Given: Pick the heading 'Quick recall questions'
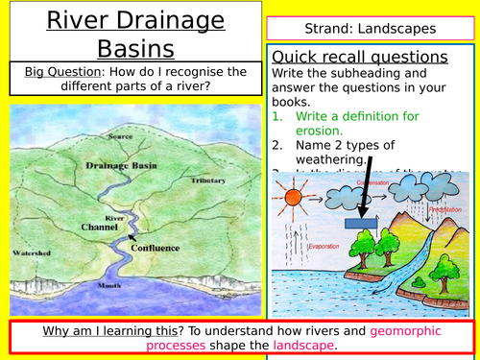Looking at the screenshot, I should pyautogui.click(x=360, y=57).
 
